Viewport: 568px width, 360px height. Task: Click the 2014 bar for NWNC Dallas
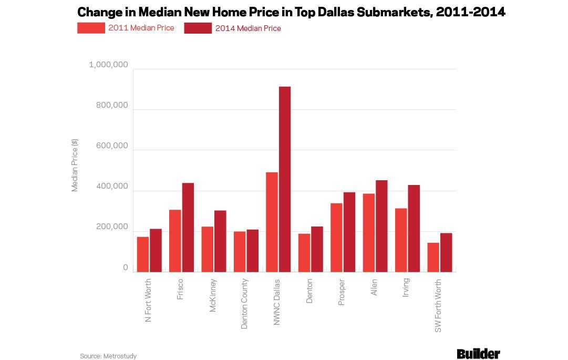[x=285, y=179]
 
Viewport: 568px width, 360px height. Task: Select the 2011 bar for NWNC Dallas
[x=272, y=222]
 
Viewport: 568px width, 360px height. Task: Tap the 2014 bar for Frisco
[x=188, y=227]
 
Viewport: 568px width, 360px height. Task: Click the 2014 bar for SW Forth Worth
[x=446, y=252]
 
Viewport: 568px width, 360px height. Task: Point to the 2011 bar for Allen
[x=369, y=232]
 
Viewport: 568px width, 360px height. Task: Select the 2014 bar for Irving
[x=414, y=228]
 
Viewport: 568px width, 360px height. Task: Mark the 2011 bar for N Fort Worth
[x=143, y=254]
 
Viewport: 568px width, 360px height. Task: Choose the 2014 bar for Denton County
[x=253, y=251]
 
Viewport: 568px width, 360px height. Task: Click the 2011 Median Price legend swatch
[x=91, y=28]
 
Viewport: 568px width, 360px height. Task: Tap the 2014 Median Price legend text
[x=248, y=28]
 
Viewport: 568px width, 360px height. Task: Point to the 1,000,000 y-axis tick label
[x=109, y=65]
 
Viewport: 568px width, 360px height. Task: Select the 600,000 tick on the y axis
[x=112, y=146]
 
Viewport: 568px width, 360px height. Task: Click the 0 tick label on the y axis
[x=126, y=268]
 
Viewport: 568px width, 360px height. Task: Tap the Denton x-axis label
[x=309, y=291]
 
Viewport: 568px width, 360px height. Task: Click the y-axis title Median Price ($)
[x=75, y=165]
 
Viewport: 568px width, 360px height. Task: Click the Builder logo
[x=478, y=354]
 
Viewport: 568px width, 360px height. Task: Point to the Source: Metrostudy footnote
[x=108, y=356]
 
